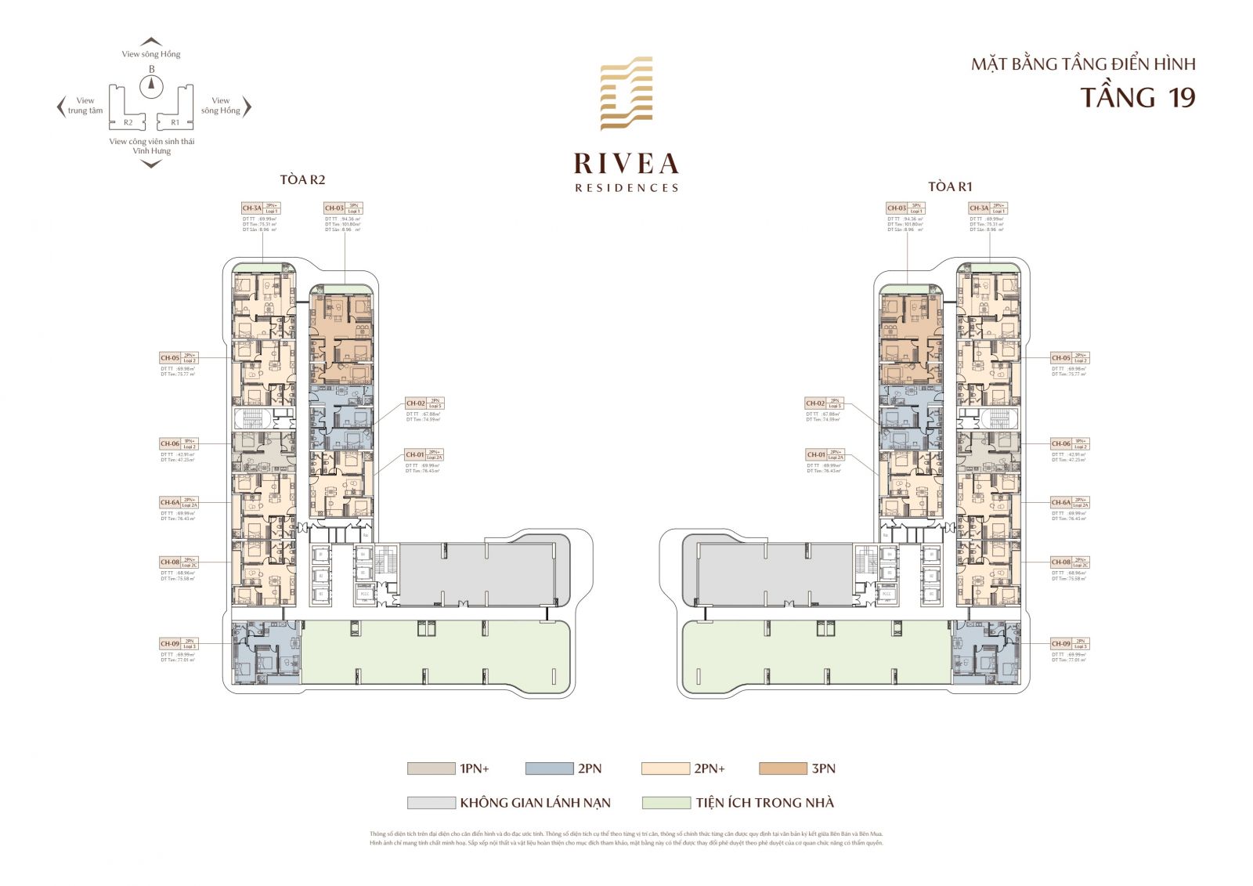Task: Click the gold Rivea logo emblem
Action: [626, 93]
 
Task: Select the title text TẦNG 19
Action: [1138, 98]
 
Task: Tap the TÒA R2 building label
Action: [302, 180]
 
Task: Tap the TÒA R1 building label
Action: [950, 186]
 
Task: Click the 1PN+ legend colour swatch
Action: [431, 768]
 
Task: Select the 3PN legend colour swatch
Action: [782, 768]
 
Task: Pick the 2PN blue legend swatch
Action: [549, 768]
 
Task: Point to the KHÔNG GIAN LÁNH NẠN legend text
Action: [535, 803]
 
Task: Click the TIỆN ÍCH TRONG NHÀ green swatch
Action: [666, 803]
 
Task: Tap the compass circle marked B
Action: [151, 86]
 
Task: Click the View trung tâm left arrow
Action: [61, 107]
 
